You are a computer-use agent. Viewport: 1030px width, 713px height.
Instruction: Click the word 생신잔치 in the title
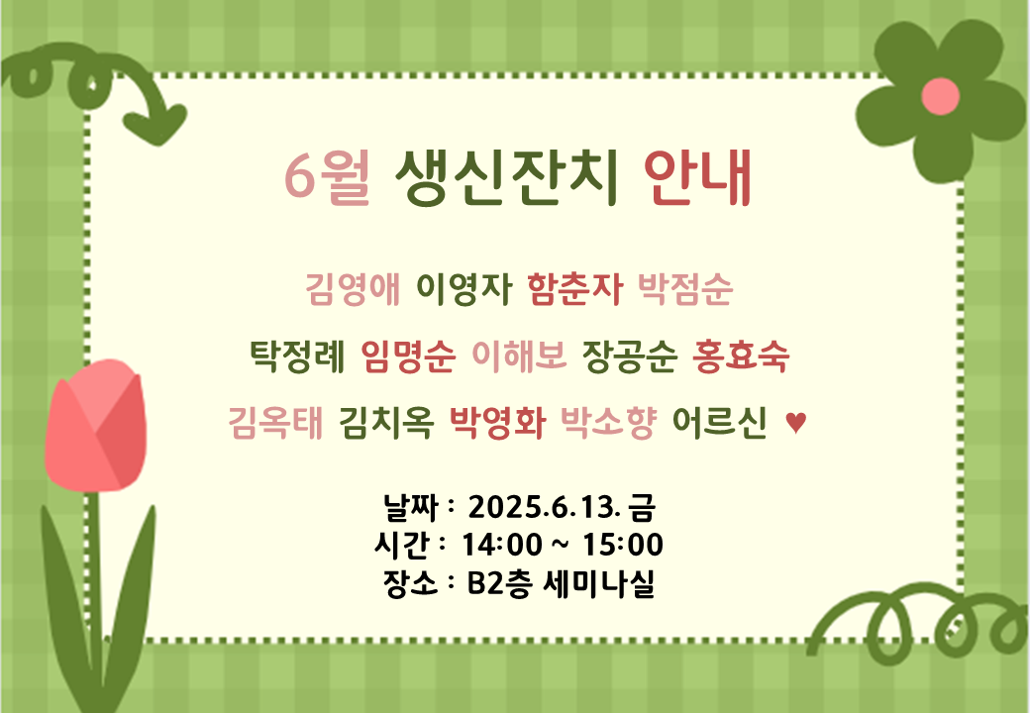coord(506,177)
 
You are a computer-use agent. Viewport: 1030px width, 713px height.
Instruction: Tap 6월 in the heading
coord(327,177)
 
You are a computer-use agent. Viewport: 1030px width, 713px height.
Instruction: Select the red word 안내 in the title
coord(697,177)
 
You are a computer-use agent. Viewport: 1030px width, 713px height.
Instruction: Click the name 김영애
coord(353,288)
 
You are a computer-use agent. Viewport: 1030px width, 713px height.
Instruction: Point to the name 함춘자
coord(574,288)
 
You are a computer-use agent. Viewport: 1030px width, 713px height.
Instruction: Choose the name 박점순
coord(685,288)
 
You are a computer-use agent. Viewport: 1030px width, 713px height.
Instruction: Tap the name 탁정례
coord(297,356)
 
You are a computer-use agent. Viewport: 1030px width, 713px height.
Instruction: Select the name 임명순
coord(408,356)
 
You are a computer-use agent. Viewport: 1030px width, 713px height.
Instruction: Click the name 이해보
coord(519,356)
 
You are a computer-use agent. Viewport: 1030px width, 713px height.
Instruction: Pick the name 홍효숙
coord(741,356)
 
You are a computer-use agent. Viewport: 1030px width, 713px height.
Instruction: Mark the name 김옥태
coord(275,422)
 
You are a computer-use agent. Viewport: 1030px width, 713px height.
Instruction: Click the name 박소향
coord(608,422)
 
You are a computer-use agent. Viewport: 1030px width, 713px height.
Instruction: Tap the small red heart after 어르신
coord(795,422)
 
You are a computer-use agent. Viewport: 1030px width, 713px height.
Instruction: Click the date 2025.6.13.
coord(544,507)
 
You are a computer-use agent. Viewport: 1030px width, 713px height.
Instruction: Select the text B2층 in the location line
coord(498,583)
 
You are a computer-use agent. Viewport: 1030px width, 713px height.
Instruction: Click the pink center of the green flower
coord(940,96)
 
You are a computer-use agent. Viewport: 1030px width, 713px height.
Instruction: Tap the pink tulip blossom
coord(96,426)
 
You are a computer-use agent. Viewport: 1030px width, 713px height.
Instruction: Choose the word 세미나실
coord(599,583)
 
